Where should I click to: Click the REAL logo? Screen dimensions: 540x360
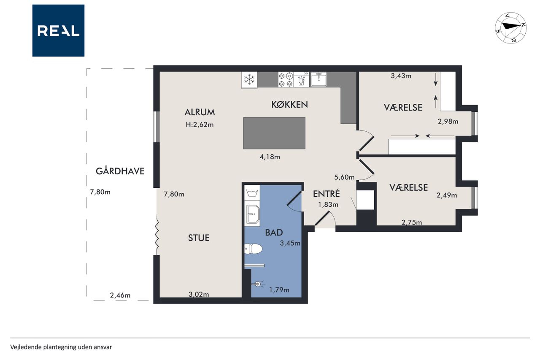pyautogui.click(x=58, y=31)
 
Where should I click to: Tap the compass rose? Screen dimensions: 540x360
pyautogui.click(x=510, y=28)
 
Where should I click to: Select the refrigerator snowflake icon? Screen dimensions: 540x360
pyautogui.click(x=249, y=80)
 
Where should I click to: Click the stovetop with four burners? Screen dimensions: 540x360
pyautogui.click(x=286, y=80)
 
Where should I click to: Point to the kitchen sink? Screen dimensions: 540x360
pyautogui.click(x=319, y=79)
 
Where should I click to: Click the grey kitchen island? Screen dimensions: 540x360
pyautogui.click(x=274, y=133)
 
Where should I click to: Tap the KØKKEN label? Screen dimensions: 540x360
pyautogui.click(x=289, y=104)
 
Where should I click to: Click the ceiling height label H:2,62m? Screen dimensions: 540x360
pyautogui.click(x=200, y=125)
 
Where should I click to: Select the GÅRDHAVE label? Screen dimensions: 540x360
pyautogui.click(x=120, y=171)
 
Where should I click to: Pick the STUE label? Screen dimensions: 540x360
pyautogui.click(x=199, y=238)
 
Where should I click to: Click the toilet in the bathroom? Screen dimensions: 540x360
pyautogui.click(x=253, y=249)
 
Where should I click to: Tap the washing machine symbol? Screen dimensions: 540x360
pyautogui.click(x=252, y=192)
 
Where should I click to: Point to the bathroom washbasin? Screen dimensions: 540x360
pyautogui.click(x=252, y=214)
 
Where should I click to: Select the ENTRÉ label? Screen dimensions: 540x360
pyautogui.click(x=327, y=194)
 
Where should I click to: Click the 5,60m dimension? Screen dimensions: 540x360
pyautogui.click(x=344, y=178)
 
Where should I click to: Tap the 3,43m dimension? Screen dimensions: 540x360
pyautogui.click(x=401, y=76)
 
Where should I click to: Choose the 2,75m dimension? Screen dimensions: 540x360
pyautogui.click(x=412, y=222)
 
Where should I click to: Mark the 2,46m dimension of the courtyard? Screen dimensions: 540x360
pyautogui.click(x=120, y=295)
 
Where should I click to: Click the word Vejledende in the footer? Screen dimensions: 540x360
pyautogui.click(x=26, y=347)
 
